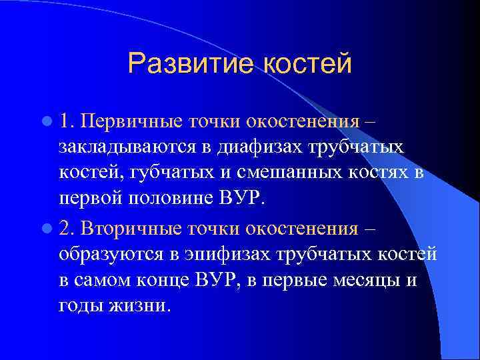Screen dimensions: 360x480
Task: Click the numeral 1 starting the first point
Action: click(65, 122)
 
